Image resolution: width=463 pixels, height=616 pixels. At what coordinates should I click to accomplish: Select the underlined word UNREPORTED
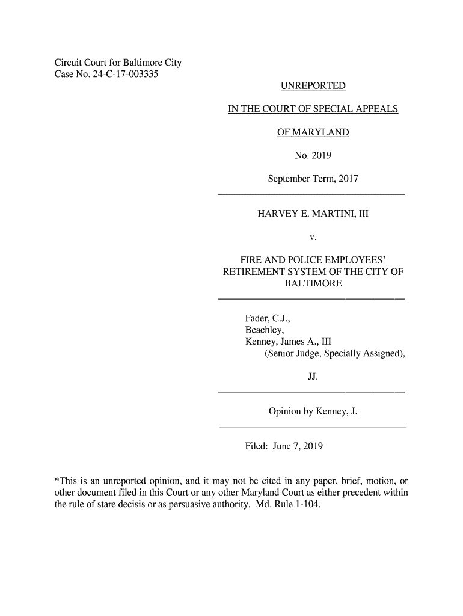click(313, 87)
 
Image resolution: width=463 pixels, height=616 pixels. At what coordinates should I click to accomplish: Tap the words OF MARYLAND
click(313, 133)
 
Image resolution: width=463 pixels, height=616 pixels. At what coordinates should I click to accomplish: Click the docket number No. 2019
click(313, 156)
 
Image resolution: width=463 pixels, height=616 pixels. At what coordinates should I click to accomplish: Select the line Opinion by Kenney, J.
click(313, 412)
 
